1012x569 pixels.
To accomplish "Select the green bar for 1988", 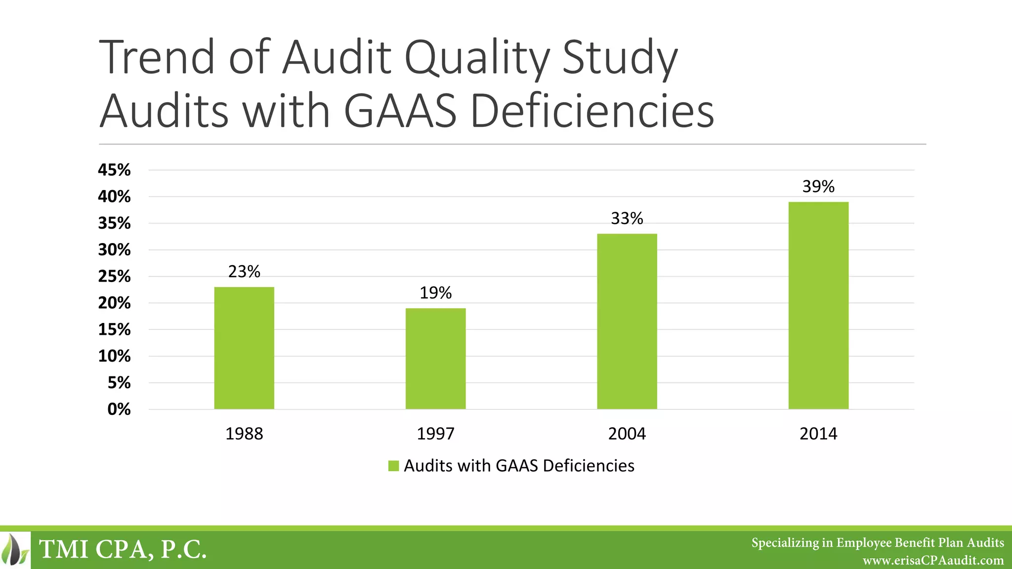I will pyautogui.click(x=244, y=348).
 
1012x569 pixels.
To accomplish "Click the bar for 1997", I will pyautogui.click(x=435, y=359).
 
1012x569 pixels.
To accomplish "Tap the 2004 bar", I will pyautogui.click(x=627, y=321).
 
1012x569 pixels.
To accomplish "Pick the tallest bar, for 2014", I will pyautogui.click(x=818, y=305).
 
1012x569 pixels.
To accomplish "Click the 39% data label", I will pyautogui.click(x=818, y=187).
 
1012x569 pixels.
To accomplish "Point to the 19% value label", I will pyautogui.click(x=435, y=293).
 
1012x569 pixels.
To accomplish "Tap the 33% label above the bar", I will pyautogui.click(x=627, y=218).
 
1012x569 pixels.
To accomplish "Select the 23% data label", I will pyautogui.click(x=244, y=272).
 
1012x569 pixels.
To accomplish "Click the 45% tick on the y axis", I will pyautogui.click(x=114, y=170).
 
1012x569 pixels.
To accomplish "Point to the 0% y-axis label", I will pyautogui.click(x=119, y=409).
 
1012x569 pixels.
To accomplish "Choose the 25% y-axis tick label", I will pyautogui.click(x=114, y=277).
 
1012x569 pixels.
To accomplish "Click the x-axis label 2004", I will pyautogui.click(x=627, y=434).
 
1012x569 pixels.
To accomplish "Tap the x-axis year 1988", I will pyautogui.click(x=244, y=434).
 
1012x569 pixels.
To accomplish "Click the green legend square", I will pyautogui.click(x=393, y=466).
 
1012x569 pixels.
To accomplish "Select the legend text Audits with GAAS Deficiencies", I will pyautogui.click(x=519, y=466).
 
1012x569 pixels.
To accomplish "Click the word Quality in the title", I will pyautogui.click(x=477, y=58).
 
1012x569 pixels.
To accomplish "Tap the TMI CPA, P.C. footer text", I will pyautogui.click(x=123, y=549).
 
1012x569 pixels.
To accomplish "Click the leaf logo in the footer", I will pyautogui.click(x=15, y=550).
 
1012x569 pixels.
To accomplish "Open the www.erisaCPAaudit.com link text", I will pyautogui.click(x=933, y=561).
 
